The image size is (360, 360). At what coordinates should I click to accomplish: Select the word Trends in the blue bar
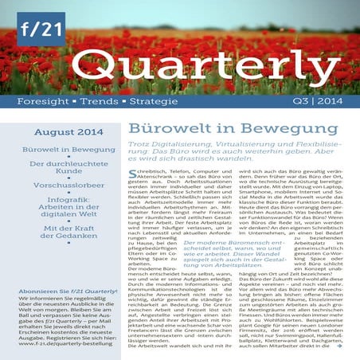(x=95, y=101)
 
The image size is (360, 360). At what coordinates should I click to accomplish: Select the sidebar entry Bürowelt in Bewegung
(x=57, y=149)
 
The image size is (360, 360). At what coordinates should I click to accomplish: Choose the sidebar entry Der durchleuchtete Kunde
(x=57, y=169)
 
